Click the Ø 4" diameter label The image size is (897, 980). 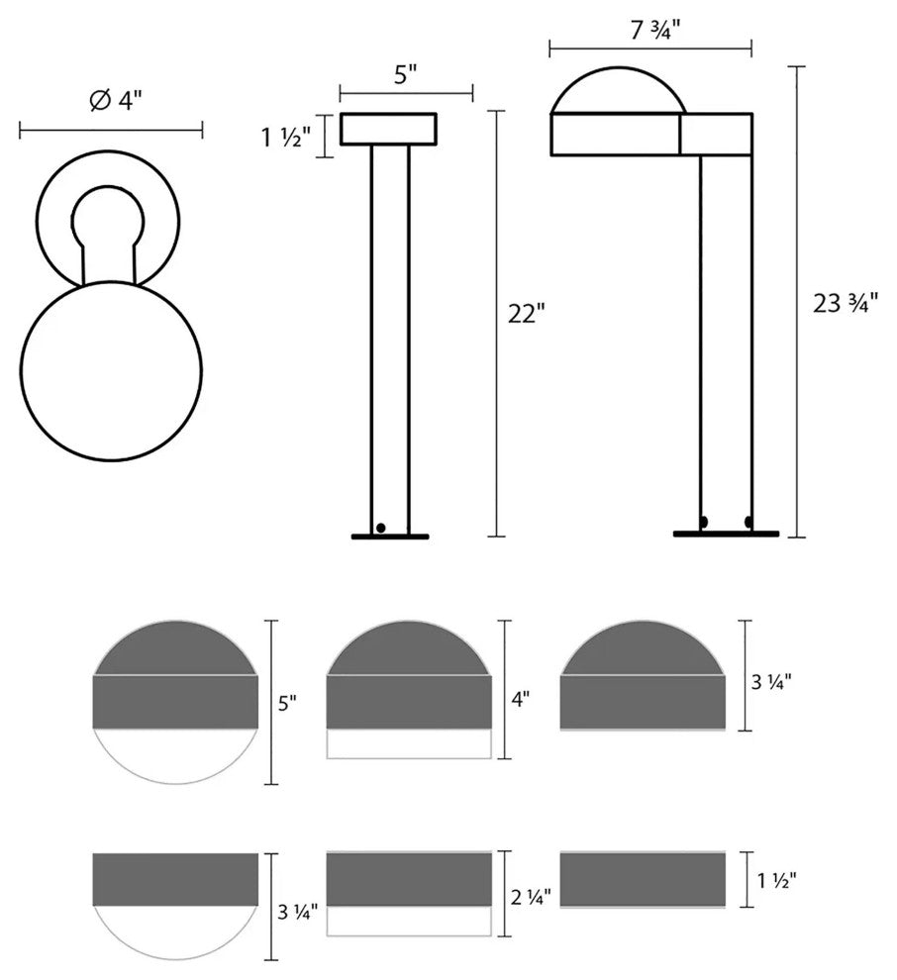pos(116,100)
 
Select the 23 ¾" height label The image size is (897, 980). pos(846,303)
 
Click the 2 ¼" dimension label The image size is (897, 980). pos(531,897)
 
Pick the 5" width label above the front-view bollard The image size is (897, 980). pos(405,75)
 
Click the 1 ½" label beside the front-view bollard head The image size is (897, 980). pos(285,137)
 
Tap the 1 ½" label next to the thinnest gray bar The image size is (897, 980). pos(776,881)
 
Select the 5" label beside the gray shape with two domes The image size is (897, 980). pos(287,704)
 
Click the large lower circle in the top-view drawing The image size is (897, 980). pos(111,371)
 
